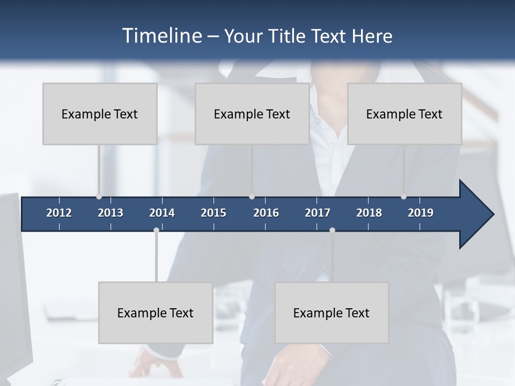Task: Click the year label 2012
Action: pyautogui.click(x=59, y=213)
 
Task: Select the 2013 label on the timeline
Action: pyautogui.click(x=111, y=213)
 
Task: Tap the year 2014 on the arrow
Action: pyautogui.click(x=162, y=213)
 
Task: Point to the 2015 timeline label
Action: pyautogui.click(x=214, y=213)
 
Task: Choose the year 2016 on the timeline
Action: pyautogui.click(x=266, y=213)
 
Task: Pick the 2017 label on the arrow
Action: pyautogui.click(x=318, y=213)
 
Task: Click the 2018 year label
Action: pyautogui.click(x=369, y=213)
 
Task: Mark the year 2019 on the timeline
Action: pyautogui.click(x=421, y=213)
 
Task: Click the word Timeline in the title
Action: pyautogui.click(x=161, y=36)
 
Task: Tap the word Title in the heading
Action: pyautogui.click(x=289, y=36)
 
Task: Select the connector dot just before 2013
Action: pyautogui.click(x=99, y=197)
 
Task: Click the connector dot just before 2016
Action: pyautogui.click(x=252, y=197)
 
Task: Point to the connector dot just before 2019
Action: pyautogui.click(x=403, y=197)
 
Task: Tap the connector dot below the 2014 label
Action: pyautogui.click(x=156, y=230)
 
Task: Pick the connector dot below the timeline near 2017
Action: pyautogui.click(x=332, y=230)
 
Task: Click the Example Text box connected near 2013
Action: pyautogui.click(x=100, y=114)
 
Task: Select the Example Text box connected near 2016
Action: pyautogui.click(x=252, y=114)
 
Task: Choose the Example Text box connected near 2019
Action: pyautogui.click(x=404, y=114)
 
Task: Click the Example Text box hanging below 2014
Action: pyautogui.click(x=156, y=313)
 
